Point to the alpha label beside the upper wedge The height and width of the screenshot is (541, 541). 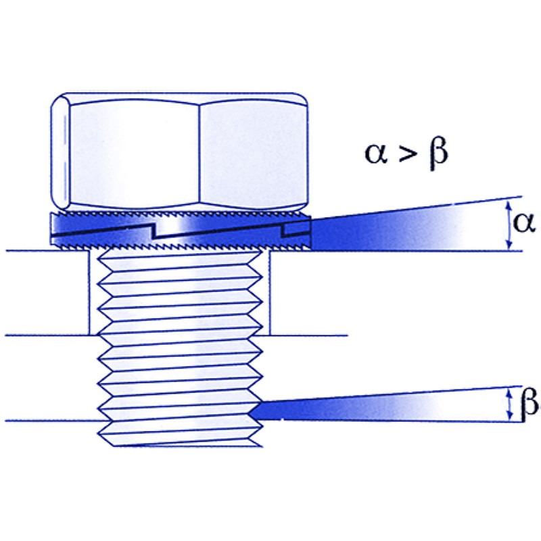(524, 223)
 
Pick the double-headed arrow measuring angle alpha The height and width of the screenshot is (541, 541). (508, 225)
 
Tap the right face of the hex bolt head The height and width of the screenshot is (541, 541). (254, 152)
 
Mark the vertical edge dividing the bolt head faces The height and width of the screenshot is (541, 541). (199, 152)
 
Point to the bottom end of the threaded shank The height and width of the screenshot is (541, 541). (179, 443)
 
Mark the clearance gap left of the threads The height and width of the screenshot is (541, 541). (94, 294)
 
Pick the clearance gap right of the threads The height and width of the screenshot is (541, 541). (265, 294)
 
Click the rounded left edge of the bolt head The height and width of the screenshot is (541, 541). (60, 152)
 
